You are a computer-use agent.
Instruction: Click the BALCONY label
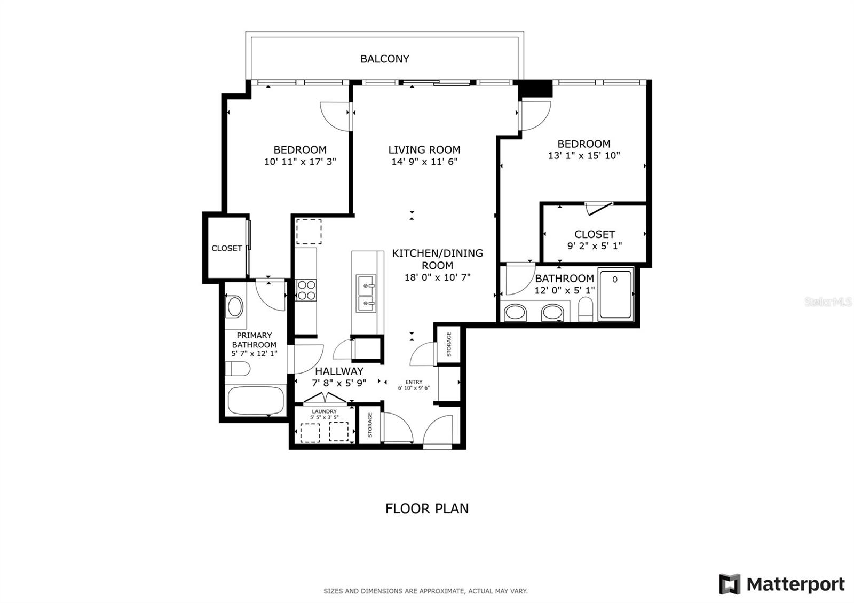pyautogui.click(x=384, y=59)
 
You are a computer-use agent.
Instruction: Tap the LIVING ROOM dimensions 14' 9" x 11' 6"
pyautogui.click(x=424, y=162)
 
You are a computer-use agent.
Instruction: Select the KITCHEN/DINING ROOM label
pyautogui.click(x=437, y=259)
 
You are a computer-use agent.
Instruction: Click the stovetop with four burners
pyautogui.click(x=306, y=290)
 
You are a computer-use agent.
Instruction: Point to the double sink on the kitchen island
pyautogui.click(x=367, y=294)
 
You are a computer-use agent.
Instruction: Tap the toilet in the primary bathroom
pyautogui.click(x=238, y=369)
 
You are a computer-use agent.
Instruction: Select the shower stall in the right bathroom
pyautogui.click(x=615, y=295)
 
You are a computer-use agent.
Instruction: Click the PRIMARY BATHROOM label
pyautogui.click(x=254, y=340)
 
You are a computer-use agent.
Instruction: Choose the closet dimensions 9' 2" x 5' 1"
pyautogui.click(x=594, y=246)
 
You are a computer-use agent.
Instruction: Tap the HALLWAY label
pyautogui.click(x=339, y=371)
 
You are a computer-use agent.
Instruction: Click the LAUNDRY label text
pyautogui.click(x=324, y=411)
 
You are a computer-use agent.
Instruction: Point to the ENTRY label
pyautogui.click(x=414, y=382)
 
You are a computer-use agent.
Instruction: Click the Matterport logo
pyautogui.click(x=782, y=584)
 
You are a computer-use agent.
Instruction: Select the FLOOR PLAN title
pyautogui.click(x=426, y=509)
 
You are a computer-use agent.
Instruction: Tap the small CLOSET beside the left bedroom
pyautogui.click(x=226, y=248)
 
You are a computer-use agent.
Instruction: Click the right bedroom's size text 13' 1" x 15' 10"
pyautogui.click(x=584, y=156)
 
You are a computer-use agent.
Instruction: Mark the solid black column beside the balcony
pyautogui.click(x=535, y=89)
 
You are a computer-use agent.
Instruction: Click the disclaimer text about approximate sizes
pyautogui.click(x=425, y=591)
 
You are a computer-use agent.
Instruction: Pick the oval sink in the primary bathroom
pyautogui.click(x=235, y=307)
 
